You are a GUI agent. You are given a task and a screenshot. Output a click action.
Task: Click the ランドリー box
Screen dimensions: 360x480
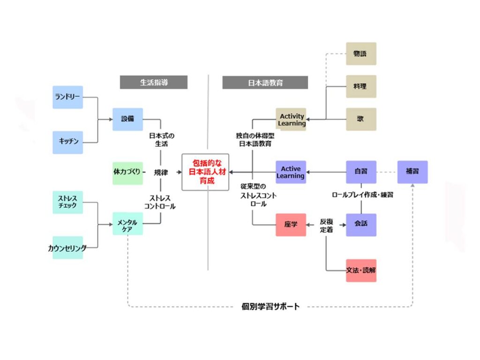click(x=67, y=97)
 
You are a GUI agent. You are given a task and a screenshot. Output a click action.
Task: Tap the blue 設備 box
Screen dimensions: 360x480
click(x=127, y=119)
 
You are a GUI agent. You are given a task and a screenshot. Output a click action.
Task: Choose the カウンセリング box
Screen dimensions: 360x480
click(x=67, y=248)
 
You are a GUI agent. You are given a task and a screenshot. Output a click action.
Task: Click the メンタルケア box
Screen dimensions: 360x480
click(x=127, y=224)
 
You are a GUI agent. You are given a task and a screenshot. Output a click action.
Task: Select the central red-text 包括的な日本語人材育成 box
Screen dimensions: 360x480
click(x=205, y=172)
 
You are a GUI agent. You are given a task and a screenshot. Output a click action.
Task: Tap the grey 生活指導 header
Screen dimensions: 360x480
click(x=153, y=82)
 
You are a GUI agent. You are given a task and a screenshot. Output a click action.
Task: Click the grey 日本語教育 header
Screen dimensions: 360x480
click(x=265, y=82)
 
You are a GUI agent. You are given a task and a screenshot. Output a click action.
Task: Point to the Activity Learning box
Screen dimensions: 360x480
click(x=291, y=120)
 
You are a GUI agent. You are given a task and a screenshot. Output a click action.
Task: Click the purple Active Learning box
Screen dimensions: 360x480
click(x=291, y=172)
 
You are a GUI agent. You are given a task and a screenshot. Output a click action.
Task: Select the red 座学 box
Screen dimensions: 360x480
click(x=291, y=225)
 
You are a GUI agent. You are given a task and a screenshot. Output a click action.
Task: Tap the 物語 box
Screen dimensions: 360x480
click(x=361, y=54)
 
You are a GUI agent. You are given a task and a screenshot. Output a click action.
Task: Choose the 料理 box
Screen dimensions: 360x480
click(x=361, y=86)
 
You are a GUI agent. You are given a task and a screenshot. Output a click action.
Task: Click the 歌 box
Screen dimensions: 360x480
click(x=361, y=119)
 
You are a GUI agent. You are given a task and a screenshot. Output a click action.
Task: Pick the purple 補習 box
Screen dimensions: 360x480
click(x=412, y=172)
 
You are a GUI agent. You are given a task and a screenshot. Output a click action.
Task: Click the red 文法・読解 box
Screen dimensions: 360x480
click(x=361, y=270)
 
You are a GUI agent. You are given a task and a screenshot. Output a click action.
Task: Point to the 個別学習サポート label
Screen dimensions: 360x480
click(x=270, y=307)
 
